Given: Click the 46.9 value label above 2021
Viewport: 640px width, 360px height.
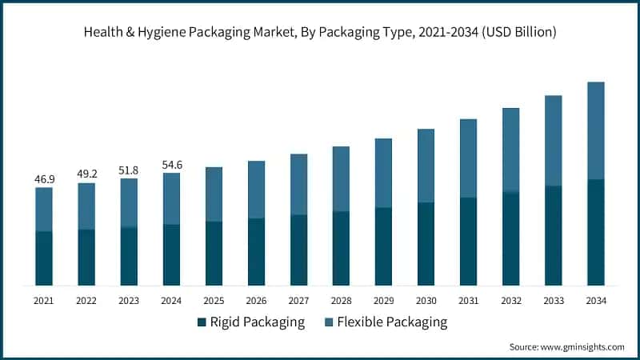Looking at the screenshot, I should [43, 178].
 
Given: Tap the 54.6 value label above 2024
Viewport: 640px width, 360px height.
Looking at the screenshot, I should [171, 164].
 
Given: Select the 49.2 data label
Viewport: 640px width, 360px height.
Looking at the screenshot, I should [86, 174].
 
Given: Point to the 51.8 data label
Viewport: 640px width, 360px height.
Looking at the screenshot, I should [129, 170].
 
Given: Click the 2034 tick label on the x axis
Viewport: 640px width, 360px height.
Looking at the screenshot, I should [596, 301].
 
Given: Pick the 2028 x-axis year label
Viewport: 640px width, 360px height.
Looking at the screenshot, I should [341, 301].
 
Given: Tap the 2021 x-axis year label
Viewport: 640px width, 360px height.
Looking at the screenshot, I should [44, 301].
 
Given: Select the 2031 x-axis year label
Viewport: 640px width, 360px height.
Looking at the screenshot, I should [468, 301].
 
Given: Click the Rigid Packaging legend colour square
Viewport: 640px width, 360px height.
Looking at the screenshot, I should [201, 323].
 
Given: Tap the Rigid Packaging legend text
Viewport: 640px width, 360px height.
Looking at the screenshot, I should [257, 323].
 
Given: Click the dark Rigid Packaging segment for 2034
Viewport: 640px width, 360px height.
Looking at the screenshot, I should [596, 232].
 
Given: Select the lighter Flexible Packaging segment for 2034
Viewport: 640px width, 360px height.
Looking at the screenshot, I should [596, 130].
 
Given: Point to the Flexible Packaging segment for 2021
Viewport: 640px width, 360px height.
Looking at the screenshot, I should [44, 210].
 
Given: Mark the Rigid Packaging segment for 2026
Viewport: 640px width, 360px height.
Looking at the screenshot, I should [256, 251].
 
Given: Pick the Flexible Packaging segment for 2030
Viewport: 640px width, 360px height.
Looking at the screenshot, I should [426, 166].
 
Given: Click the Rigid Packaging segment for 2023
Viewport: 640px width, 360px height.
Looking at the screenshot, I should [129, 256].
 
